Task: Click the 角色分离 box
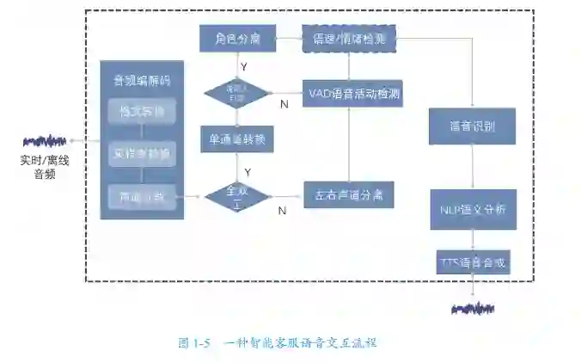tap(236, 38)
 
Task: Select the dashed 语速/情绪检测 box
tap(347, 38)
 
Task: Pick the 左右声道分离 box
tap(348, 195)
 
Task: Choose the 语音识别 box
tap(472, 126)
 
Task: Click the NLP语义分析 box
tap(472, 209)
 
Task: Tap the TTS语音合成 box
tap(472, 261)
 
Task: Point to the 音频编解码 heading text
tap(142, 81)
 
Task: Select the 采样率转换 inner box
tap(142, 155)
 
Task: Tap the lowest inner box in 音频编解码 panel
tap(142, 197)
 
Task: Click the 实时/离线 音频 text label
tap(43, 167)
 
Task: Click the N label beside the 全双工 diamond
tap(282, 210)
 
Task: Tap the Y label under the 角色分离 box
tap(245, 66)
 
